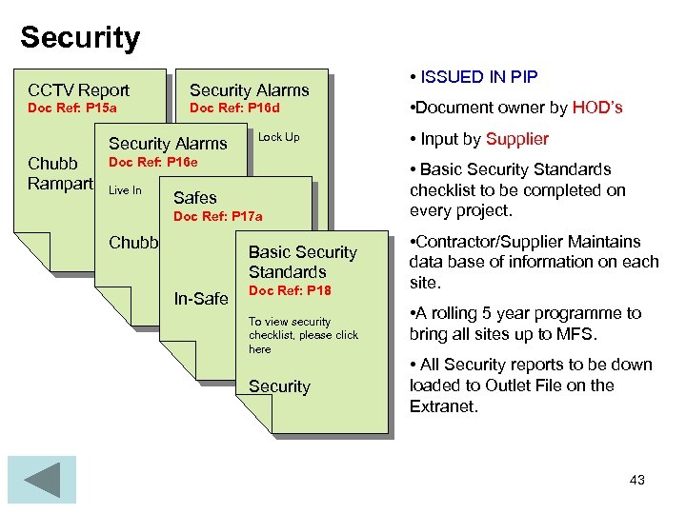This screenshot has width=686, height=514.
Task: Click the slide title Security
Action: click(x=80, y=37)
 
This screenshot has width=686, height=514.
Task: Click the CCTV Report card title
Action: click(x=79, y=90)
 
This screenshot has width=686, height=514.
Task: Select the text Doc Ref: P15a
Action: click(x=72, y=109)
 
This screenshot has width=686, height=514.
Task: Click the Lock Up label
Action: click(x=279, y=137)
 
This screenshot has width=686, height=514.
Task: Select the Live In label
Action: click(x=125, y=190)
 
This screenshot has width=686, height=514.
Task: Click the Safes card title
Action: click(x=195, y=199)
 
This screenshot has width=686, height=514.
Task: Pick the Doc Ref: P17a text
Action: click(x=217, y=217)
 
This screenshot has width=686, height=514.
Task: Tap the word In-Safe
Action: click(x=201, y=299)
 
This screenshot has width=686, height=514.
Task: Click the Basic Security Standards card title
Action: click(x=302, y=262)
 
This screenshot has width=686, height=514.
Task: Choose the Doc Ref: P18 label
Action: click(x=290, y=290)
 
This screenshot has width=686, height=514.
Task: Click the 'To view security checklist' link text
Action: click(x=303, y=335)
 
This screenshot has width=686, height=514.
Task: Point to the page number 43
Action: click(x=637, y=480)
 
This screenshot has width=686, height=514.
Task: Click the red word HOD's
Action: click(x=597, y=108)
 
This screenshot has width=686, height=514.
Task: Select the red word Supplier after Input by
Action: click(x=517, y=139)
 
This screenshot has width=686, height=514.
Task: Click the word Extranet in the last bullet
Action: click(x=444, y=405)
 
